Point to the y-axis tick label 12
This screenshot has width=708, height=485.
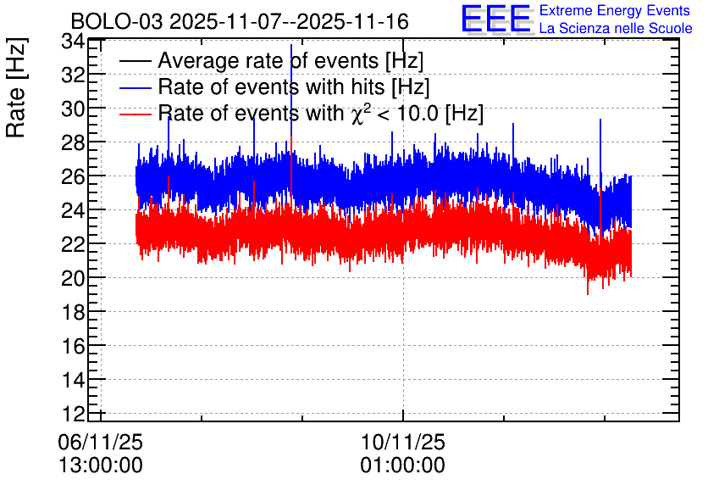pos(73,414)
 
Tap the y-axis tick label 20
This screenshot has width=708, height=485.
pos(73,278)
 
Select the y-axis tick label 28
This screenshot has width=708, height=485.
pos(73,142)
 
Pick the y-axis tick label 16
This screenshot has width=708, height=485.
pos(73,346)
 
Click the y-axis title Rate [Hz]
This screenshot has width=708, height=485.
pos(16,87)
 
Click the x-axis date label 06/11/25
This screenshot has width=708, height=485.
pos(100,442)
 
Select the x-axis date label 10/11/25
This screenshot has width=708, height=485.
pos(403,442)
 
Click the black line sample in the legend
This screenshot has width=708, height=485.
pos(135,61)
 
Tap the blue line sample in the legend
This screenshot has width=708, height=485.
pos(135,87)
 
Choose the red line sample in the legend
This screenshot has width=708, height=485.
pos(135,114)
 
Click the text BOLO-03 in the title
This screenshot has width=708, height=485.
pos(117,21)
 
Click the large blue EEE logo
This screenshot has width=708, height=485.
pos(496,19)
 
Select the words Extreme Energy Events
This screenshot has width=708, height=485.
pos(615,10)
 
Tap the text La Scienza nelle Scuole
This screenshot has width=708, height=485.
pos(616,29)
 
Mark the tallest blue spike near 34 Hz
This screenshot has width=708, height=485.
pos(291,45)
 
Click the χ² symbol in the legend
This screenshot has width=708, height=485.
pos(357,114)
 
